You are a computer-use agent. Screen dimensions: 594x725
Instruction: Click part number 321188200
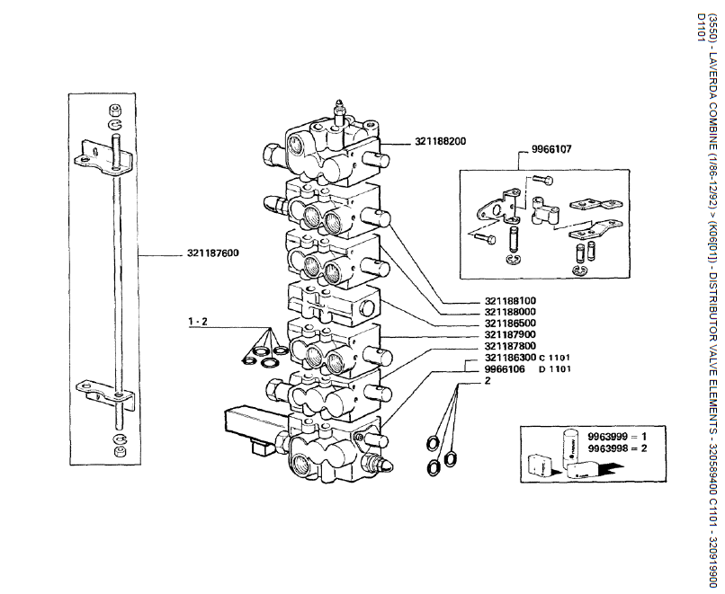(441, 142)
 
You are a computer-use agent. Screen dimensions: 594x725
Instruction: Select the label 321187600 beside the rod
(213, 253)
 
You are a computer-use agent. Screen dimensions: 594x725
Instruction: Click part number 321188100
(511, 300)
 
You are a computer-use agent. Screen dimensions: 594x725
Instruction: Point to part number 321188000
(511, 312)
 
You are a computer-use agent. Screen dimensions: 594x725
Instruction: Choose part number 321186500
(511, 324)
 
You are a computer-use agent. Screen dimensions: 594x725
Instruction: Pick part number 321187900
(511, 335)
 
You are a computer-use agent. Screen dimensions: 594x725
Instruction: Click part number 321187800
(511, 346)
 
